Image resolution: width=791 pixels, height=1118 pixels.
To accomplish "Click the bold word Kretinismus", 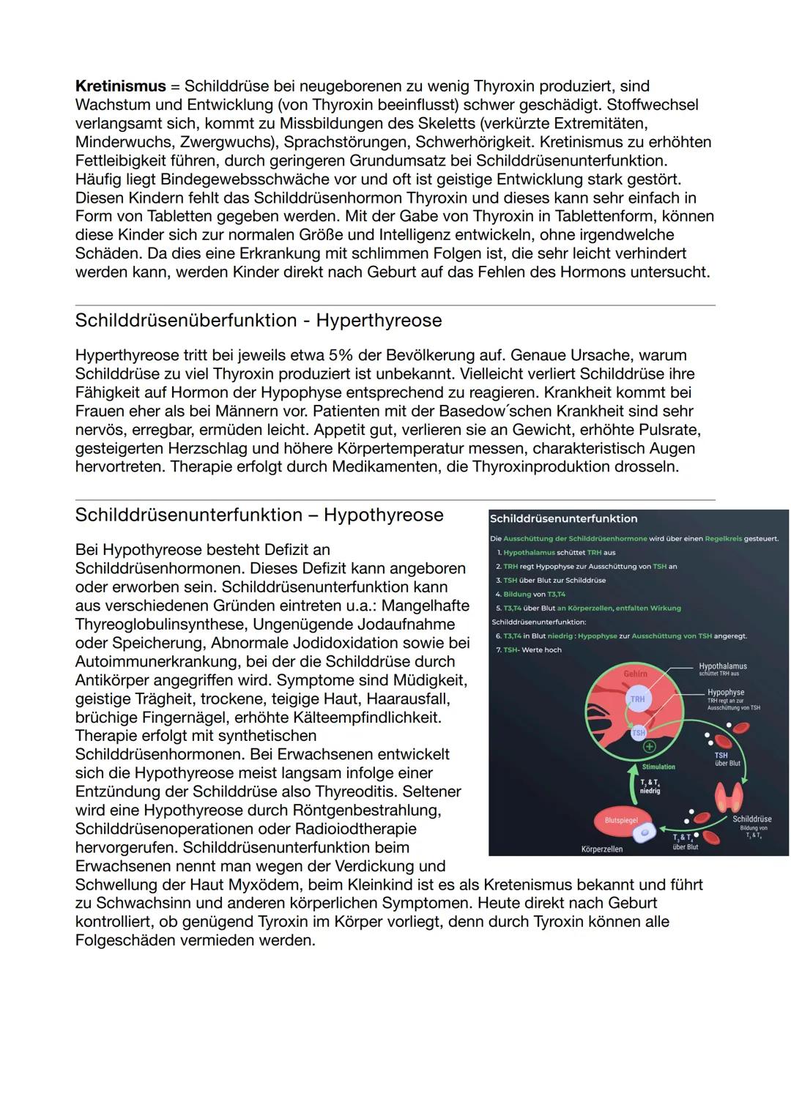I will pyautogui.click(x=121, y=86).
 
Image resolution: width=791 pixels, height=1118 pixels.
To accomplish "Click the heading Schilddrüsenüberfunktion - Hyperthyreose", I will pyautogui.click(x=259, y=321).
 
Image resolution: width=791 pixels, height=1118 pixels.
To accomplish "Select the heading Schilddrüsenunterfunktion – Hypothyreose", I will pyautogui.click(x=259, y=515).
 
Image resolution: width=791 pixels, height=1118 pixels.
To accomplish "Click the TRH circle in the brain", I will pyautogui.click(x=637, y=699).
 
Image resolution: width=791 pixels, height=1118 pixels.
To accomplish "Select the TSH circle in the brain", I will pyautogui.click(x=639, y=732).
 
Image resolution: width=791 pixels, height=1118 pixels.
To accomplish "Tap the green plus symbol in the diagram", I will pyautogui.click(x=649, y=748).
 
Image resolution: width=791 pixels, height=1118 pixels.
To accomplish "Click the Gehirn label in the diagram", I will pyautogui.click(x=635, y=674).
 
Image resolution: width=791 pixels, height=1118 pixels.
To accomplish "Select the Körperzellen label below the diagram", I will pyautogui.click(x=601, y=849).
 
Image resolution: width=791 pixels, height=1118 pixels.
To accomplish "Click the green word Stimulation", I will pyautogui.click(x=658, y=767).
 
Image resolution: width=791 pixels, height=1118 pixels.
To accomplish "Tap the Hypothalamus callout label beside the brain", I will pyautogui.click(x=722, y=667).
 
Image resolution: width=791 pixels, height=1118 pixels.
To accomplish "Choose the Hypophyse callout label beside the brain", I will pyautogui.click(x=725, y=693).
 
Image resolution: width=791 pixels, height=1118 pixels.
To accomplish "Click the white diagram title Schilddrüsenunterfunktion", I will pyautogui.click(x=563, y=519).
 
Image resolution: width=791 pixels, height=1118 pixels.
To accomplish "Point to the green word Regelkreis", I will pyautogui.click(x=723, y=539).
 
